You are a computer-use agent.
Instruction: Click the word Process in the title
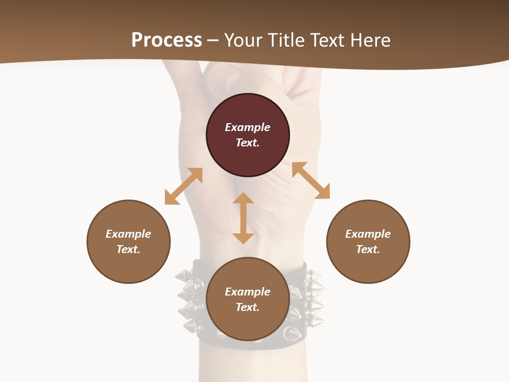(x=166, y=40)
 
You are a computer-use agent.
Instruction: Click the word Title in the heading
(x=286, y=40)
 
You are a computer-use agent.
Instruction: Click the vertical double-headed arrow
(x=243, y=218)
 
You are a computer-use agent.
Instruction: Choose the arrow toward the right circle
(x=311, y=180)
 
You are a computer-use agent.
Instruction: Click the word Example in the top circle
(x=248, y=127)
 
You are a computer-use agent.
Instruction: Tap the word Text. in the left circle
(x=128, y=249)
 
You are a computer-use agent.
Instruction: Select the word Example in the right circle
(x=368, y=234)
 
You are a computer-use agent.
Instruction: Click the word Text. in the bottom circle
(x=248, y=307)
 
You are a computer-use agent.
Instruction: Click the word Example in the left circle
(x=128, y=234)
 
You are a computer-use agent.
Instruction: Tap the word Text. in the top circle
(x=248, y=143)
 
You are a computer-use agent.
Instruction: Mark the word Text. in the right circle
(x=368, y=249)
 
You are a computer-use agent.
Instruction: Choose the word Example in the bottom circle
(x=248, y=292)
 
